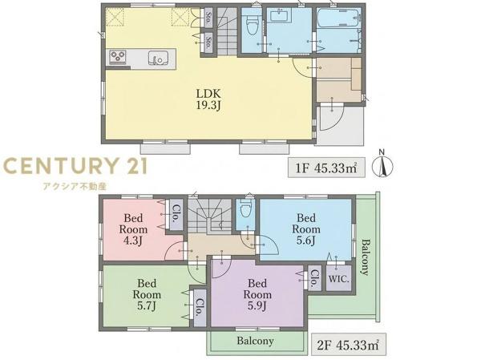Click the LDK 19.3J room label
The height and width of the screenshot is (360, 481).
[x=208, y=99]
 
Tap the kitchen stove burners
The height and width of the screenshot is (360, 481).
[x=118, y=57]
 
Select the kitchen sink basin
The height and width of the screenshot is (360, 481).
[x=158, y=58]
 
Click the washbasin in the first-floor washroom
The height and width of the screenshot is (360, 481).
[x=281, y=15]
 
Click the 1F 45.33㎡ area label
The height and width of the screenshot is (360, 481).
[x=326, y=168]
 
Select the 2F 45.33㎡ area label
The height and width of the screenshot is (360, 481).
[x=348, y=345]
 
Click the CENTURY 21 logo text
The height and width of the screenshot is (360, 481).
[x=75, y=166]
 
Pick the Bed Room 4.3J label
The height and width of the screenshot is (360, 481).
[x=133, y=229]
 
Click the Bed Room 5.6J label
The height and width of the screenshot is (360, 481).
[x=306, y=229]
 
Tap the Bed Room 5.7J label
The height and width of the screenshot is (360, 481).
[x=147, y=294]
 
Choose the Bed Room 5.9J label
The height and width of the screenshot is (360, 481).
[x=257, y=294]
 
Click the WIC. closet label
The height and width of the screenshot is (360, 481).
[x=338, y=279]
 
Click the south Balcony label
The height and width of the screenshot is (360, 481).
[x=255, y=341]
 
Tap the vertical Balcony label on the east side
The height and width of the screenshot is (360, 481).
[x=365, y=257]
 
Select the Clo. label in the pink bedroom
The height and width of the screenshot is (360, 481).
[x=176, y=213]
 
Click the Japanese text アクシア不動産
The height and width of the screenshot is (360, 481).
[x=75, y=186]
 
